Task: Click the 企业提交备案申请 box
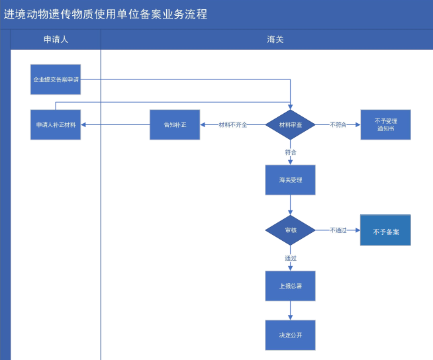click(56, 79)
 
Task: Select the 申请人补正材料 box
click(56, 125)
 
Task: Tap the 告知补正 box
click(175, 125)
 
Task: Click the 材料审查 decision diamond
click(290, 125)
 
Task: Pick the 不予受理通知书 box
click(385, 125)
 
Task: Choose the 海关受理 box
click(290, 180)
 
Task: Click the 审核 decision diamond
click(290, 230)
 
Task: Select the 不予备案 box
click(385, 230)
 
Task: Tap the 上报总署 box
click(290, 286)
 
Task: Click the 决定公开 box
click(290, 335)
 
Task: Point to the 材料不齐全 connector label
click(233, 125)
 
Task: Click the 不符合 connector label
click(338, 125)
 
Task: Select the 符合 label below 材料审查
click(291, 152)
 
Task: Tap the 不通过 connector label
click(338, 230)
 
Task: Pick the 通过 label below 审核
click(291, 258)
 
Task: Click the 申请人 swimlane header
click(56, 40)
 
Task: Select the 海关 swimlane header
click(275, 40)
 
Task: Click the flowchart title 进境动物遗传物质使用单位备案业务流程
click(105, 15)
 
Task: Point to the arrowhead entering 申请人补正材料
click(83, 125)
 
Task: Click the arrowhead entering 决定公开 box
click(290, 318)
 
